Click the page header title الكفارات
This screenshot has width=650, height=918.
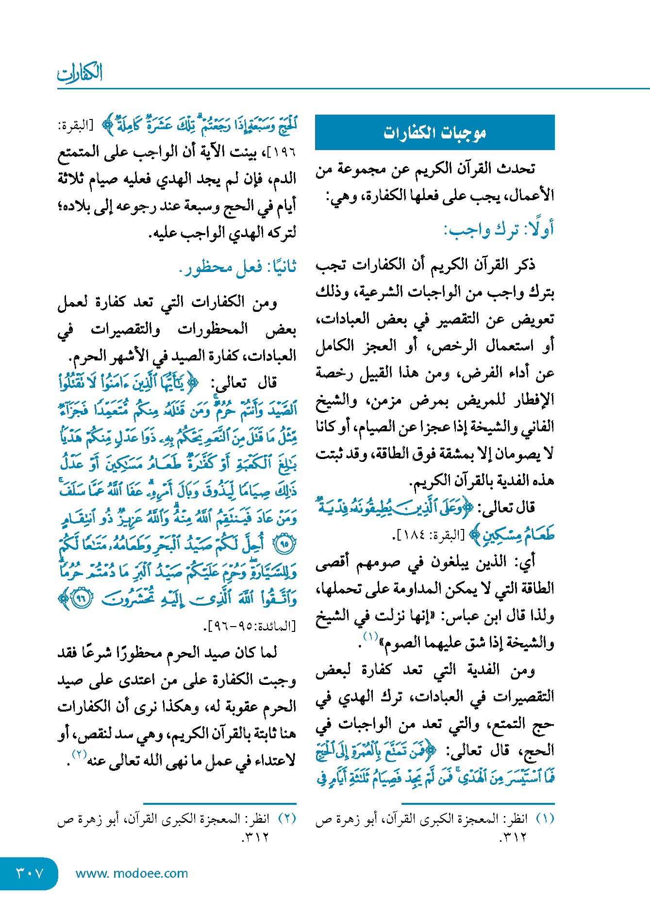tap(80, 73)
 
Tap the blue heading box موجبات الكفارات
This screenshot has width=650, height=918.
tap(434, 133)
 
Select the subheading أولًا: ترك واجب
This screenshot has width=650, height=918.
tap(499, 230)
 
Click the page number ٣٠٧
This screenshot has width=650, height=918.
tap(30, 873)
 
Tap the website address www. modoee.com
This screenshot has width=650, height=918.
tap(132, 873)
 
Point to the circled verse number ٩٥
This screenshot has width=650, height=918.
tap(285, 544)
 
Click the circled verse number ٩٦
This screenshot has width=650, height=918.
tap(81, 598)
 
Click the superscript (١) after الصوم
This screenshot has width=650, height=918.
tap(371, 636)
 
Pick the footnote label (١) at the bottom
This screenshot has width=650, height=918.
tap(545, 819)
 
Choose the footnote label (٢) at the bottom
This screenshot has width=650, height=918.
tap(287, 819)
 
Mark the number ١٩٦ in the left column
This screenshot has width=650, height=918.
tap(284, 153)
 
